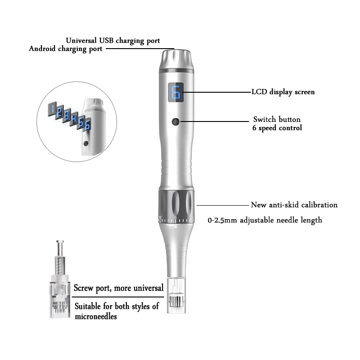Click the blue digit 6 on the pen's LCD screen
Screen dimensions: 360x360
(176, 92)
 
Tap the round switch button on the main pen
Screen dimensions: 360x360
(176, 121)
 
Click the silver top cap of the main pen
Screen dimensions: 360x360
(176, 59)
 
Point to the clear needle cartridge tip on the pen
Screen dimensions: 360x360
(176, 296)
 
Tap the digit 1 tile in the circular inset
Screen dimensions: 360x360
(52, 108)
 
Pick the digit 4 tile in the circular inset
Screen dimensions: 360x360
(74, 117)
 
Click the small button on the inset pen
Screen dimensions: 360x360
(86, 144)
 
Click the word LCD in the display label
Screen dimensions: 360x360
(260, 92)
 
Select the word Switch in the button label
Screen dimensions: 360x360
(265, 119)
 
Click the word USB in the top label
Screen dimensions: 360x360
(106, 40)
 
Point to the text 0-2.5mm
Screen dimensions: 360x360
(222, 220)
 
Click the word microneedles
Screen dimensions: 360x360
(96, 317)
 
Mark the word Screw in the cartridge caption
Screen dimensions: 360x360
(84, 288)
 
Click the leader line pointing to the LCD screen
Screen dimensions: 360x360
(217, 92)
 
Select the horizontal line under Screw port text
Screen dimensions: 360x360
(118, 297)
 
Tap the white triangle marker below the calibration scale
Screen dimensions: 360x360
(176, 226)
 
